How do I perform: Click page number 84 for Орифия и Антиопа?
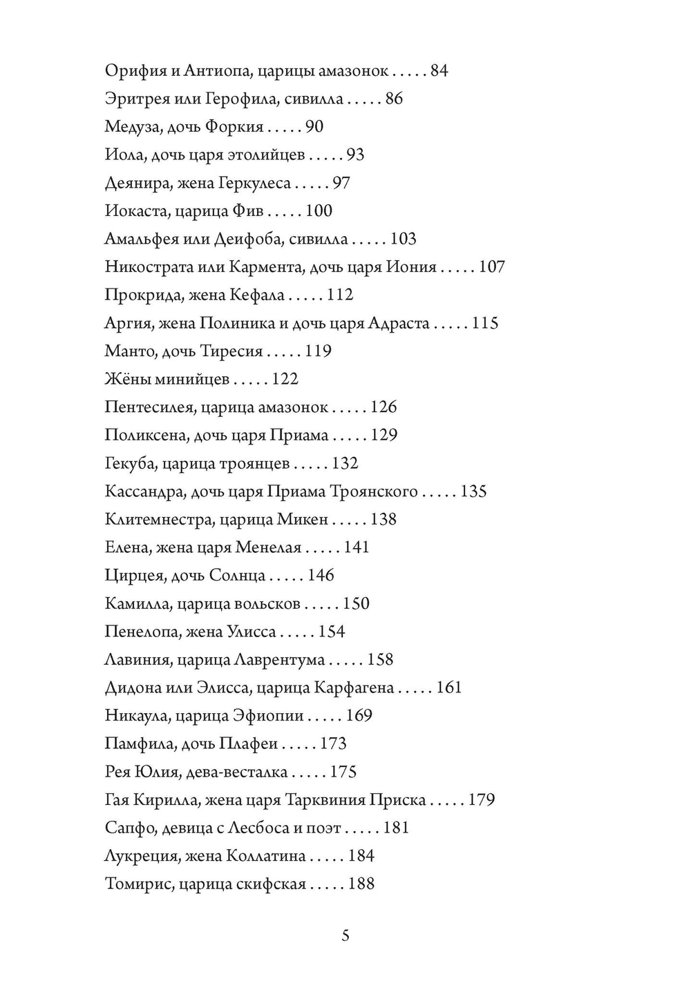point(439,70)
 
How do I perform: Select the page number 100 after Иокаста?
point(319,211)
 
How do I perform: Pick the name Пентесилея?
point(148,407)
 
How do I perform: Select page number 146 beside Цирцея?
point(321,575)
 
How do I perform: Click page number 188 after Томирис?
point(361,884)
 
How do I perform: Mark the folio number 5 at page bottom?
point(345,937)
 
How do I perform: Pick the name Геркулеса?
point(254,183)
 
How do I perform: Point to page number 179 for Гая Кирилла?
point(482,799)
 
